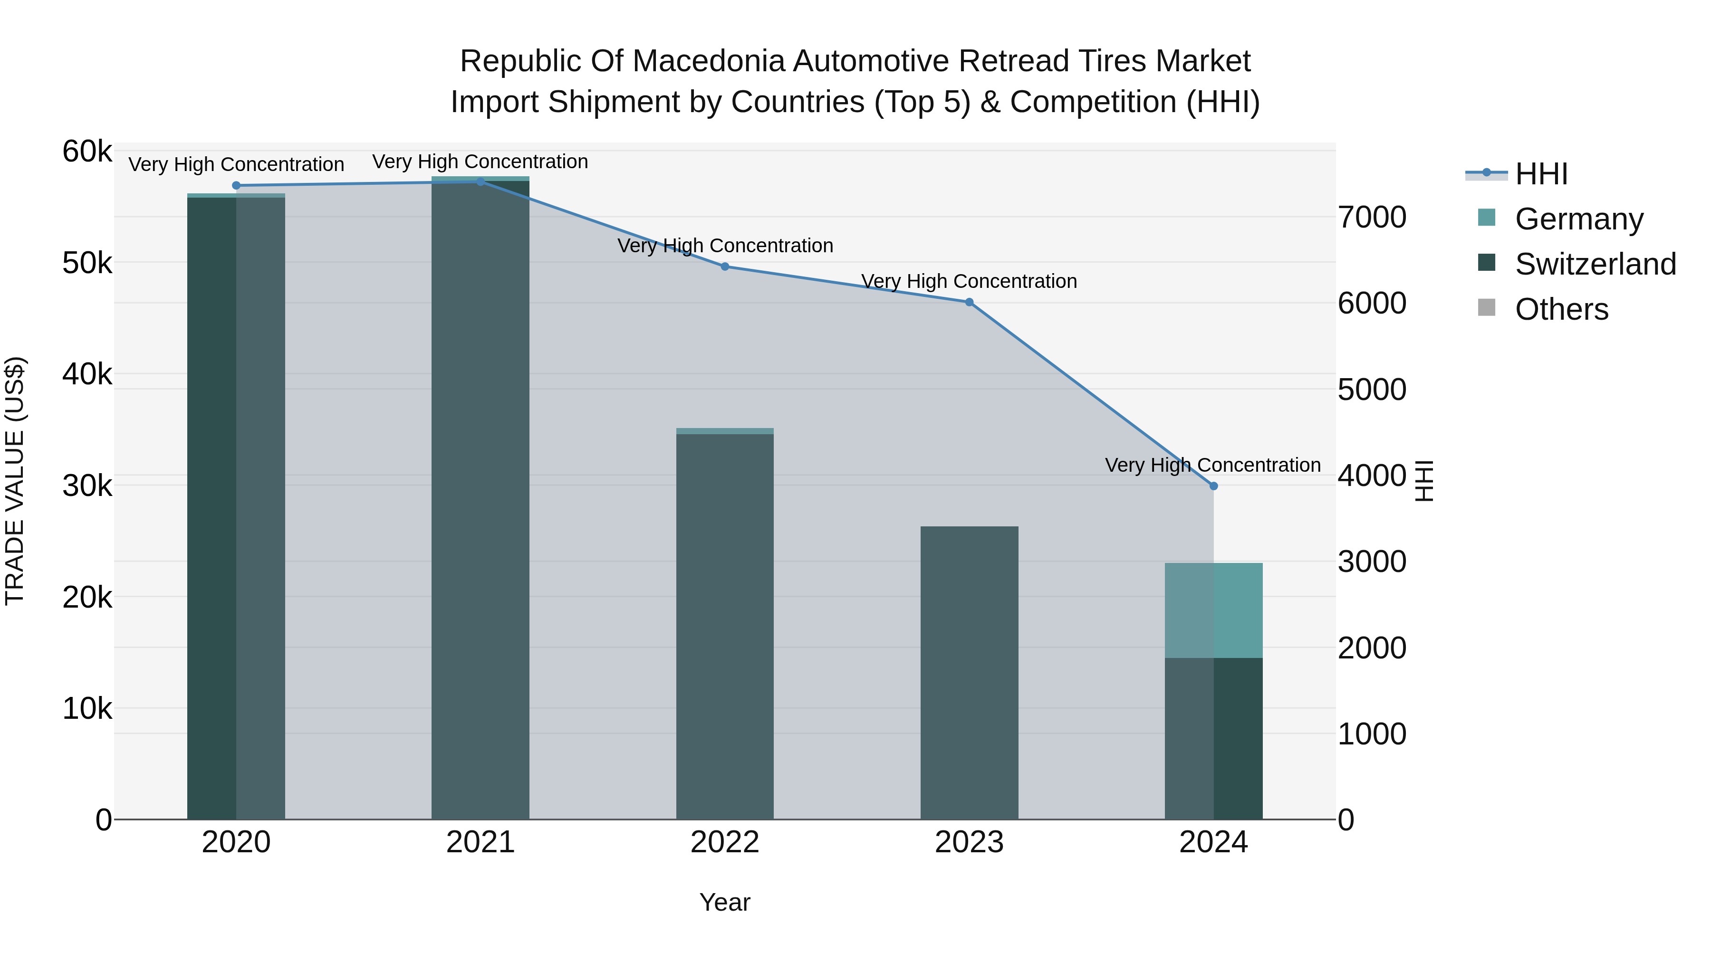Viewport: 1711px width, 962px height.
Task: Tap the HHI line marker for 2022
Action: pyautogui.click(x=725, y=266)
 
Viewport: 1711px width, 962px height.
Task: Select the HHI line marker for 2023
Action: pyautogui.click(x=969, y=302)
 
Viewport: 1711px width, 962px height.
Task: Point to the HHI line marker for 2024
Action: pyautogui.click(x=1213, y=486)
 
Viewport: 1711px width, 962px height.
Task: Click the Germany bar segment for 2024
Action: pyautogui.click(x=1213, y=610)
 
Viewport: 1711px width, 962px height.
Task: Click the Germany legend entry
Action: pyautogui.click(x=1578, y=219)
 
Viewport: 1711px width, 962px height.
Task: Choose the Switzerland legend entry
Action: pyautogui.click(x=1594, y=264)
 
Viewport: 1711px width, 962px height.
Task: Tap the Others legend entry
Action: pyautogui.click(x=1561, y=309)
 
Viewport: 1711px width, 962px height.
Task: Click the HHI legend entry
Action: pyautogui.click(x=1541, y=173)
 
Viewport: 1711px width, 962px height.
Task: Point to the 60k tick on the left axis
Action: pyautogui.click(x=87, y=152)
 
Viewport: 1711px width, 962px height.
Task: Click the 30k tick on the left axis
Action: pyautogui.click(x=87, y=486)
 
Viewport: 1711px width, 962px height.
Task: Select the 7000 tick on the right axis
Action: pyautogui.click(x=1372, y=217)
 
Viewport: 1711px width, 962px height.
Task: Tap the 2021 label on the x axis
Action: pyautogui.click(x=480, y=842)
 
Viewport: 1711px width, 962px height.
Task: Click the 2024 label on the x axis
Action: pyautogui.click(x=1213, y=842)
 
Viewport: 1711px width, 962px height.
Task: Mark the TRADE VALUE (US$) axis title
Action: pyautogui.click(x=15, y=481)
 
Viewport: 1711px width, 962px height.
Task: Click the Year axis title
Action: pyautogui.click(x=725, y=902)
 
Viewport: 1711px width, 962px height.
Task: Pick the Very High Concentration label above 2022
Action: pyautogui.click(x=725, y=246)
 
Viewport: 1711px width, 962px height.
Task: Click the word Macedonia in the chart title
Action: pyautogui.click(x=711, y=61)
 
